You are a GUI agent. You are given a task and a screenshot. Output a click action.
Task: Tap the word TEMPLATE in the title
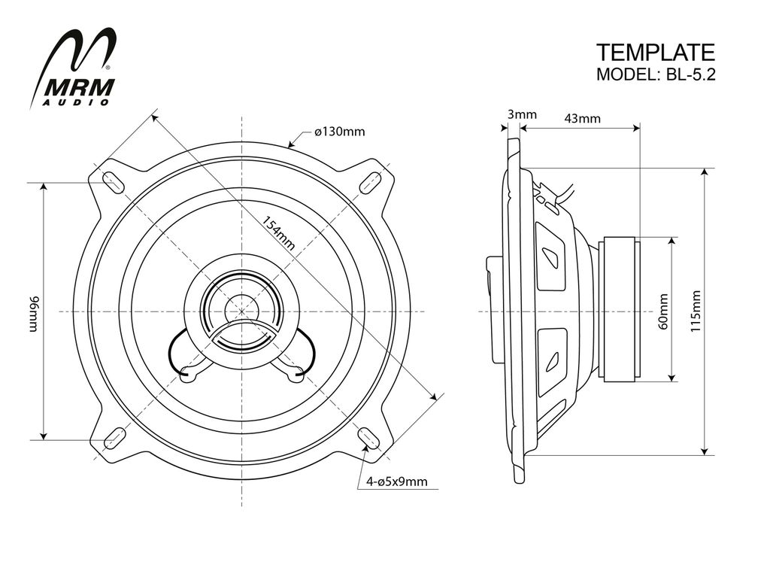655,52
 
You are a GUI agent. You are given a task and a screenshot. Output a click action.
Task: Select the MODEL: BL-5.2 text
655,74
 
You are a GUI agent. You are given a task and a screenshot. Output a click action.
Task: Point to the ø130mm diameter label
340,132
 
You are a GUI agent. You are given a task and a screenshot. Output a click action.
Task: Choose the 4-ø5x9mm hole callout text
397,481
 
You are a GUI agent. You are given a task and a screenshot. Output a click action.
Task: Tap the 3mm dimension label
522,115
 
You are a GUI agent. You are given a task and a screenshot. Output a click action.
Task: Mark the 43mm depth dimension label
583,118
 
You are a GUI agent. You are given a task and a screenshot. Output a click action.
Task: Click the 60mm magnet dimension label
662,310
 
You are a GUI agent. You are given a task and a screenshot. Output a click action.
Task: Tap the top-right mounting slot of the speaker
370,182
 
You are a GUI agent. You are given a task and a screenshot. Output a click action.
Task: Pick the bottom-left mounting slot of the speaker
114,438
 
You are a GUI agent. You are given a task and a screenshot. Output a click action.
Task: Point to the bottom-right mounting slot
368,438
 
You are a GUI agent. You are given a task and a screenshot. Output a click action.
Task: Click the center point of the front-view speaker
242,311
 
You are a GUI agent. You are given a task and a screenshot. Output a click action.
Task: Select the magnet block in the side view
618,310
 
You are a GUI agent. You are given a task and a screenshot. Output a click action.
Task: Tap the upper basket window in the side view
551,256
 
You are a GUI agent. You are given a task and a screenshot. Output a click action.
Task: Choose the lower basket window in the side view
551,360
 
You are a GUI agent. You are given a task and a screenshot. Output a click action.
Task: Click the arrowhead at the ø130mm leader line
291,144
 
